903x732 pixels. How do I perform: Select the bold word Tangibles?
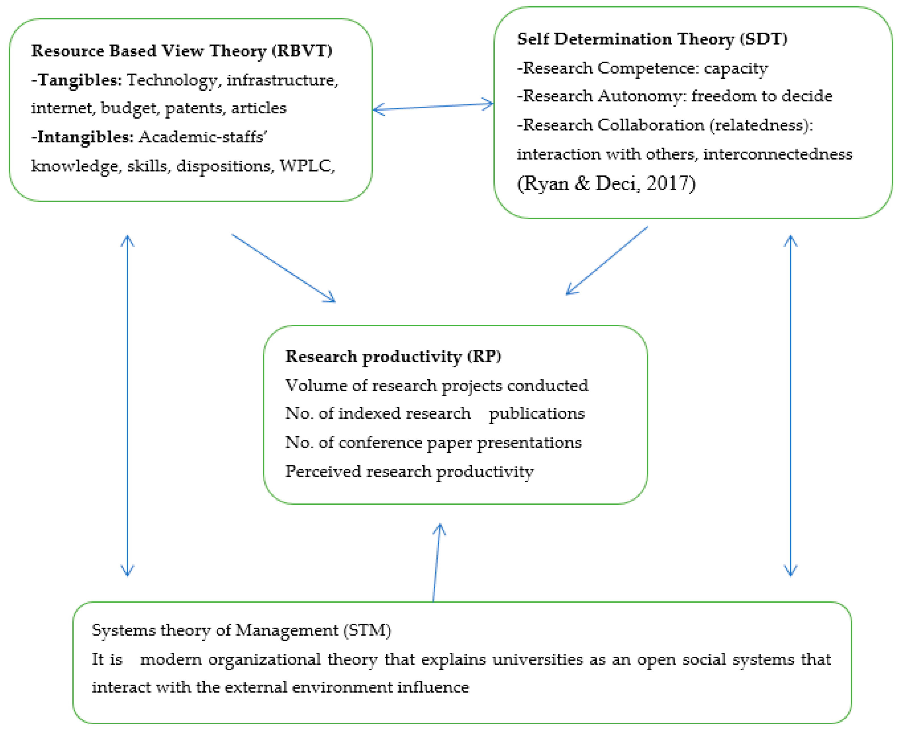[79, 80]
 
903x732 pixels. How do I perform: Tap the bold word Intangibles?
[84, 137]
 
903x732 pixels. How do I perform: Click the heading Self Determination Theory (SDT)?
[652, 39]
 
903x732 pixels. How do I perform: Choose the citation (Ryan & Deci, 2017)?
[606, 183]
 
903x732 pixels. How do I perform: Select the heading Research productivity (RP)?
[393, 357]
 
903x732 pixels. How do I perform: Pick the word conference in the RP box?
[380, 443]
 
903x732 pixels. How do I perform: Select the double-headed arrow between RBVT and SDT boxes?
[433, 107]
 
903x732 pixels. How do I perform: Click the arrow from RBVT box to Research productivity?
[283, 268]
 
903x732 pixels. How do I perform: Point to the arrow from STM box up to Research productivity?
[436, 563]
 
